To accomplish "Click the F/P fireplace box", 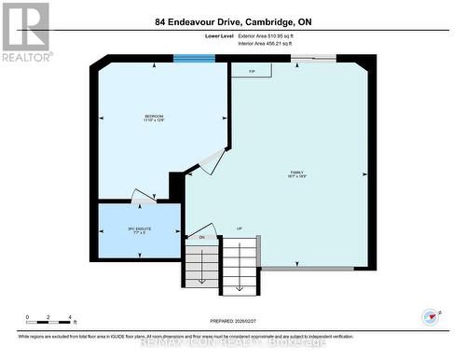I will point(252,72).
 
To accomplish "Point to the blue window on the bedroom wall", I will point(194,59).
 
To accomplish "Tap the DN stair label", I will point(201,237).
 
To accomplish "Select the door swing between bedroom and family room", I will point(212,161).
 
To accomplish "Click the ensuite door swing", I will point(144,197).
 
